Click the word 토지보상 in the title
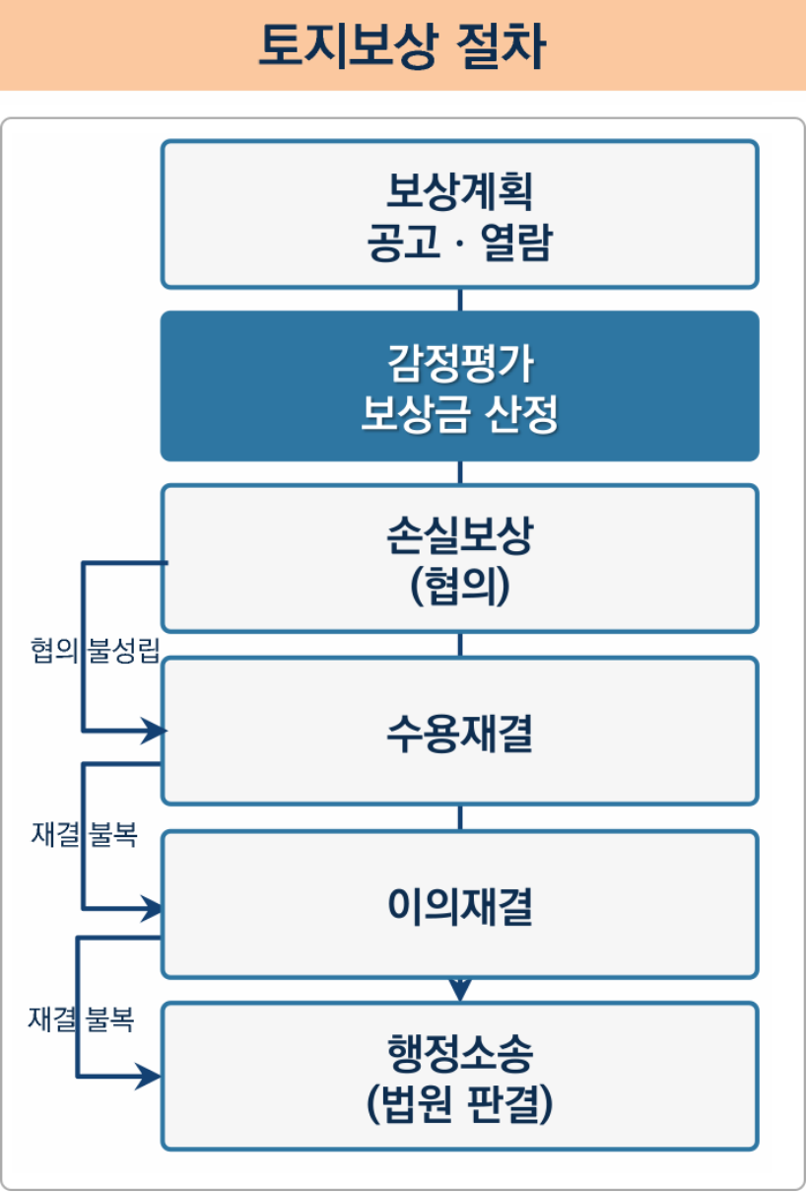(345, 45)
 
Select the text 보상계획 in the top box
(459, 191)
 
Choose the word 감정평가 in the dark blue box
(459, 365)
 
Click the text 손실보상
(459, 537)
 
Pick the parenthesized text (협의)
(459, 587)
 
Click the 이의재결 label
(459, 906)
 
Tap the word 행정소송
(459, 1055)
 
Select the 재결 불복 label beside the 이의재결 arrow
(84, 835)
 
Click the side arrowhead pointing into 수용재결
(154, 732)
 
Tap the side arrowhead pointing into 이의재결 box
(154, 908)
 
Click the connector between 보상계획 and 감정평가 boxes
(460, 300)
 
